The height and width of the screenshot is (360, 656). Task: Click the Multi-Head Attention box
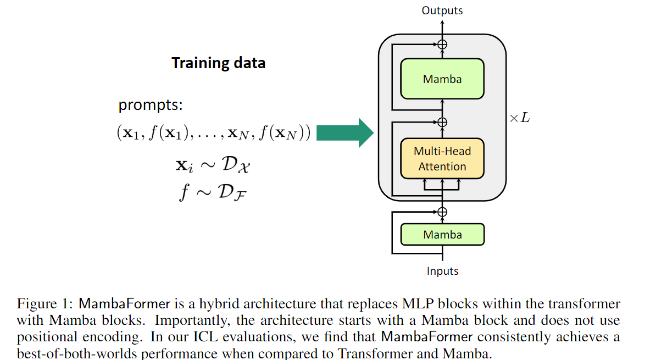[442, 158]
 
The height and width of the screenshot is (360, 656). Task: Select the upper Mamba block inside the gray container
[442, 79]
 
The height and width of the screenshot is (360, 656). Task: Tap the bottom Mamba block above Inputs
[442, 234]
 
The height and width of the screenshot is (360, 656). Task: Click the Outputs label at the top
[442, 10]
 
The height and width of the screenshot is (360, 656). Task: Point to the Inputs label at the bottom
[442, 270]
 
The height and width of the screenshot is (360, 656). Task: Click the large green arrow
[345, 133]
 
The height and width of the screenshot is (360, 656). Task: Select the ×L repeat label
[519, 118]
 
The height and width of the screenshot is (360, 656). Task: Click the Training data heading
[218, 63]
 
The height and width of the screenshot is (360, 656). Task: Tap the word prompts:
[151, 104]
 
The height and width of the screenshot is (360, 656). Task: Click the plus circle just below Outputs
[442, 45]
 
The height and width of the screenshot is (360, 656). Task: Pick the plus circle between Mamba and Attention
[442, 121]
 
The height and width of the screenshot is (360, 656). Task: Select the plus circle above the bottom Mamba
[442, 212]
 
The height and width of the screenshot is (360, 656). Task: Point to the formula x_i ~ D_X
[213, 164]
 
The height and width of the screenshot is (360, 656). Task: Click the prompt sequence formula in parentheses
[214, 133]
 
